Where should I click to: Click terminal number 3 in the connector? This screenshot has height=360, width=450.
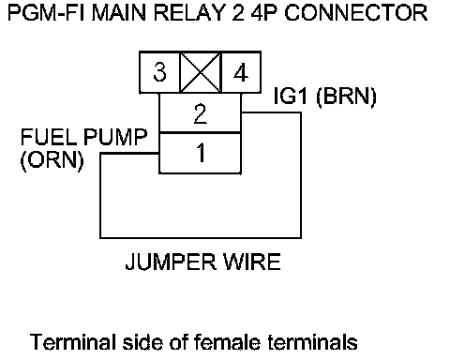pyautogui.click(x=159, y=72)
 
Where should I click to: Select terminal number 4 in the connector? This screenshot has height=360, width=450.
pyautogui.click(x=241, y=73)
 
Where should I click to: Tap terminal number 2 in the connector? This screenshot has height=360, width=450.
pyautogui.click(x=201, y=113)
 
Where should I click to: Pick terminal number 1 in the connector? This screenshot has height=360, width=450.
pyautogui.click(x=201, y=153)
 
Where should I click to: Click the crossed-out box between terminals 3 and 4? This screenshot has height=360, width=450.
pyautogui.click(x=201, y=72)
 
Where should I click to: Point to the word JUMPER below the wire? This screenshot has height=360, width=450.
pyautogui.click(x=171, y=262)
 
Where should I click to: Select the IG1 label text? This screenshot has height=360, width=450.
pyautogui.click(x=291, y=96)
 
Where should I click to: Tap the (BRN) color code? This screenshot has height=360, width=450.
pyautogui.click(x=347, y=97)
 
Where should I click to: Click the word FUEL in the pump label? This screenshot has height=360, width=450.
pyautogui.click(x=49, y=137)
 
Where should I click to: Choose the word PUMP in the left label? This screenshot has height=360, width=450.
pyautogui.click(x=115, y=137)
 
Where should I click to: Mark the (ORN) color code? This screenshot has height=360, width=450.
pyautogui.click(x=52, y=160)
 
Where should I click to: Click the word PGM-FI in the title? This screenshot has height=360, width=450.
pyautogui.click(x=46, y=13)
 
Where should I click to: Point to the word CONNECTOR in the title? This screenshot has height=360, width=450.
pyautogui.click(x=355, y=13)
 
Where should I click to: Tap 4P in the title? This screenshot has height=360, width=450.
pyautogui.click(x=264, y=13)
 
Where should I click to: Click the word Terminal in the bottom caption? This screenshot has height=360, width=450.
pyautogui.click(x=73, y=342)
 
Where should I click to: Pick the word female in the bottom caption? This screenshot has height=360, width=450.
pyautogui.click(x=227, y=342)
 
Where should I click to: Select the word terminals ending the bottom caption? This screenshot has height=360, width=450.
pyautogui.click(x=313, y=342)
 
